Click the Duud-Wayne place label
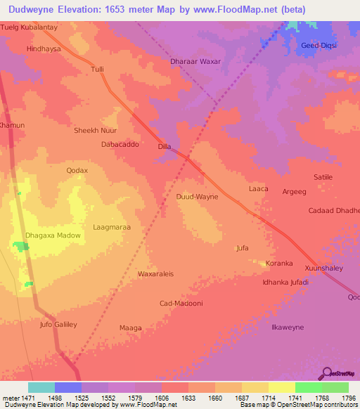(x=197, y=197)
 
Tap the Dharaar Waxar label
(x=195, y=62)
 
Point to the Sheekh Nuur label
(x=96, y=131)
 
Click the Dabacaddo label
(x=120, y=144)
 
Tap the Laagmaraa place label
(x=112, y=228)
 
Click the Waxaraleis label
(x=155, y=273)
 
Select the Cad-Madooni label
(x=181, y=303)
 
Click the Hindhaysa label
(x=44, y=49)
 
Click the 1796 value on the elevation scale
(x=349, y=397)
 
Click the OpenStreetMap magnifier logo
(x=326, y=372)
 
